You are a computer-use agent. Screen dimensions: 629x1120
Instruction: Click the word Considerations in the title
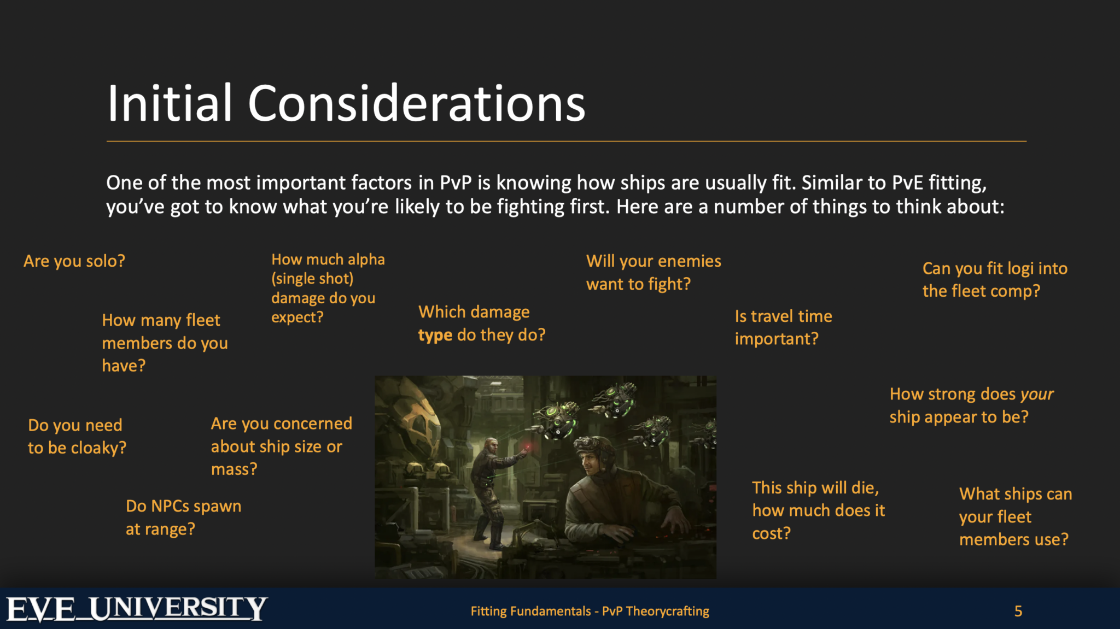(x=416, y=104)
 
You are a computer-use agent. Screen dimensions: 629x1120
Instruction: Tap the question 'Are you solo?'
(x=74, y=261)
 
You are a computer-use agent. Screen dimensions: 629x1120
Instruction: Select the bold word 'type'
(x=435, y=335)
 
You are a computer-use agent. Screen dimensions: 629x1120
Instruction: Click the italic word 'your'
(x=1036, y=394)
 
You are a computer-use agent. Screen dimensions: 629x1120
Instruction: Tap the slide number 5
(x=1018, y=611)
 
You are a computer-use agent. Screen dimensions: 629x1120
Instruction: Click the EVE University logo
(x=137, y=609)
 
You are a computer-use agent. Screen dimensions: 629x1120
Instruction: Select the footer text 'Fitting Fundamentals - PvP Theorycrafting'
(x=590, y=611)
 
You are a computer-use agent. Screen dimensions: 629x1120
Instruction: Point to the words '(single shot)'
(x=312, y=279)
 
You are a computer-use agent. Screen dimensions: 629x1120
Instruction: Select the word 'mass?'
(x=234, y=469)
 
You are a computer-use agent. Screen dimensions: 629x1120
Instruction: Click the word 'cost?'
(x=771, y=533)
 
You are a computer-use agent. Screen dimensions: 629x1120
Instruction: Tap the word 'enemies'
(x=689, y=261)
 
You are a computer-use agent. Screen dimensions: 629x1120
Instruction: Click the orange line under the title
(x=566, y=142)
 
